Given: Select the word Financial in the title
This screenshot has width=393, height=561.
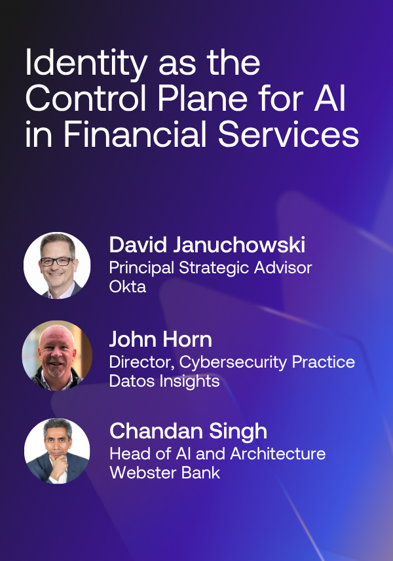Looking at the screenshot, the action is [135, 134].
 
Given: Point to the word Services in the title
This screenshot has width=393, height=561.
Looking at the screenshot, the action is [288, 134].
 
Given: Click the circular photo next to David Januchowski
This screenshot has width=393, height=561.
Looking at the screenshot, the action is [57, 265].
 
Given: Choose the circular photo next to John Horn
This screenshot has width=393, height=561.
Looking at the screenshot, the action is [57, 356].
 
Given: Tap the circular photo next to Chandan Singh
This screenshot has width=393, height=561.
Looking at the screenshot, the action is [57, 451].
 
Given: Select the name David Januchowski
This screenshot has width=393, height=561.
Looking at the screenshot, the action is [207, 245].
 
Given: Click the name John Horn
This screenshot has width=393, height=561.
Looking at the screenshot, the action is [160, 339].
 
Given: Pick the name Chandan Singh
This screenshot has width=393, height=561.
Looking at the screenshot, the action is [188, 431].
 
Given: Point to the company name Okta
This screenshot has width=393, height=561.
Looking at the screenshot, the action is [128, 286].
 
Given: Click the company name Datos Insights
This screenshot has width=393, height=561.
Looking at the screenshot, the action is [164, 381].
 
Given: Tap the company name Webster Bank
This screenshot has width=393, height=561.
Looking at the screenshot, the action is [165, 473].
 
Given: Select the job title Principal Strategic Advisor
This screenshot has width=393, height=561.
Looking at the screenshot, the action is [211, 268].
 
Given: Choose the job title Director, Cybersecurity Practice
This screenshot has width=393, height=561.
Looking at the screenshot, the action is [232, 362].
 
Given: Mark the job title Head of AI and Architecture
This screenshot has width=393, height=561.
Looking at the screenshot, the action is [217, 454].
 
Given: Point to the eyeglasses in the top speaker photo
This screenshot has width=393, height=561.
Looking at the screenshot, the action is [58, 261].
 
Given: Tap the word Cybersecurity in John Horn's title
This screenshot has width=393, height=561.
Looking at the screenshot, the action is [233, 362].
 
